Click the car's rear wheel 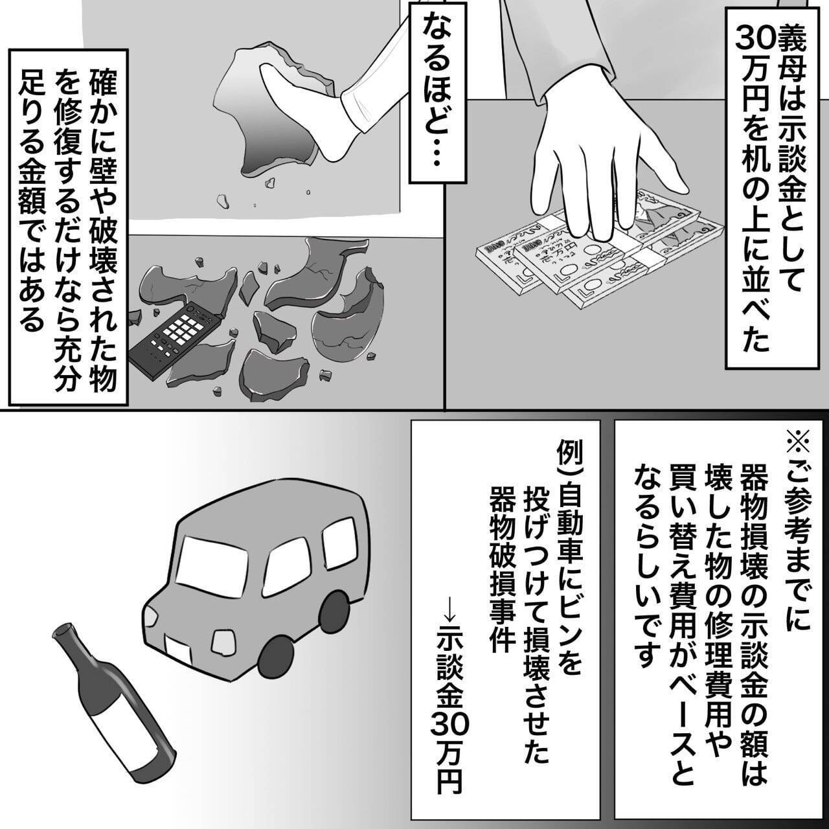click(334, 612)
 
